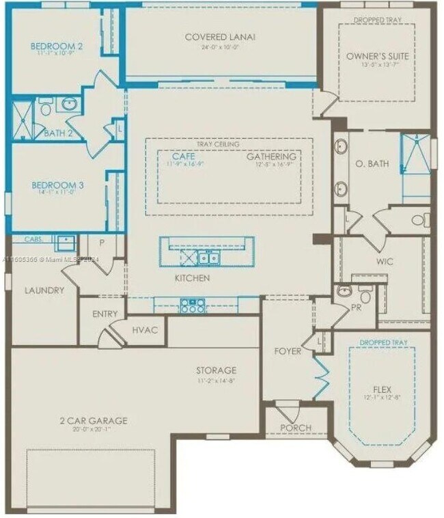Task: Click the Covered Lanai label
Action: click(219, 37)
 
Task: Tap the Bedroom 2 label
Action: click(57, 46)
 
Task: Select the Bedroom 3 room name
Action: click(57, 185)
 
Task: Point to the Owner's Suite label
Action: click(386, 55)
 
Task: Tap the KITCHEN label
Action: click(192, 278)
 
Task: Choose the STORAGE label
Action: click(217, 370)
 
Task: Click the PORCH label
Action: click(296, 428)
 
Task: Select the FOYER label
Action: click(288, 351)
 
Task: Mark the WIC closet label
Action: click(385, 262)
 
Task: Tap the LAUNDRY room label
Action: click(44, 290)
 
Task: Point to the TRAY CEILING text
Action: click(218, 144)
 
